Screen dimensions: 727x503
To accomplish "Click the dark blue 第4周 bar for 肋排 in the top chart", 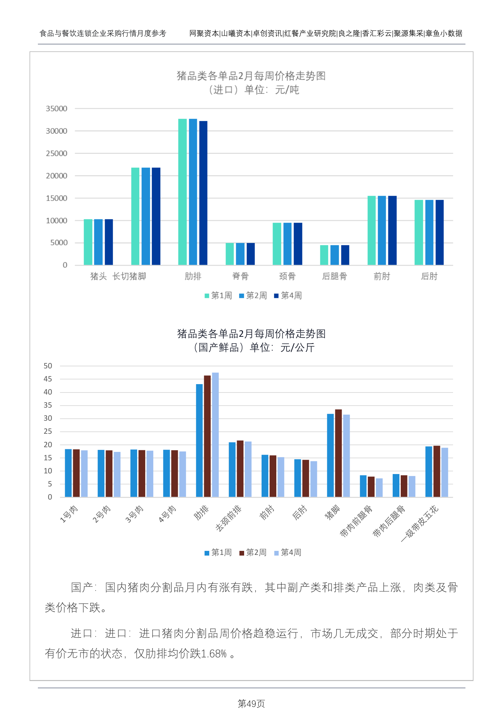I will pos(203,193).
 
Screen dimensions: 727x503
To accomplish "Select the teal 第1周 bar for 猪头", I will pos(88,242).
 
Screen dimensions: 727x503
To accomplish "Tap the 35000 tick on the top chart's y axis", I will pos(56,109).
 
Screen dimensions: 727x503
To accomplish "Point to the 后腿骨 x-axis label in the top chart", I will pos(334,276).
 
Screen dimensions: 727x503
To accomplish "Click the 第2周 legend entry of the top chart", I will pos(253,296).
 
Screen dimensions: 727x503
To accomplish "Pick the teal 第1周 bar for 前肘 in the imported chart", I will pos(372,230).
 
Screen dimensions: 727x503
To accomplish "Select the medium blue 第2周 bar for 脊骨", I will pos(240,254).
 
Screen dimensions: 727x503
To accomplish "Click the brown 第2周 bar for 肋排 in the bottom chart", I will pos(207,436).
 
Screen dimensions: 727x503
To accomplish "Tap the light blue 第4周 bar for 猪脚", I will pos(346,456).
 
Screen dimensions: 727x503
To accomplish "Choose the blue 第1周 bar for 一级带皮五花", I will pos(429,471).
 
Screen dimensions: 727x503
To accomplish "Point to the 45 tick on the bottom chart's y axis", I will pos(48,379).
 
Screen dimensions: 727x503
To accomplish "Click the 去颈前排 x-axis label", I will pos(228,518).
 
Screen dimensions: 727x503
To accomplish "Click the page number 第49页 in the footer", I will pos(251,704).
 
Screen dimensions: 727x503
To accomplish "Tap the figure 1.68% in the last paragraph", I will pos(214,654).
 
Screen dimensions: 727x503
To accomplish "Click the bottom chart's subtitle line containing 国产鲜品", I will pos(254,348).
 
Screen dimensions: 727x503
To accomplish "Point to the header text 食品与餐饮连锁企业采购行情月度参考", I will pos(103,33).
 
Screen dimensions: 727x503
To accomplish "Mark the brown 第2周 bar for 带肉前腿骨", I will pos(371,486).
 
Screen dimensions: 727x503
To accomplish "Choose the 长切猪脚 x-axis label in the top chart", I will pos(129,276).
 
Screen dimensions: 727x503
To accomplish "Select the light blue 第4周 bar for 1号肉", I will pos(84,473).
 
